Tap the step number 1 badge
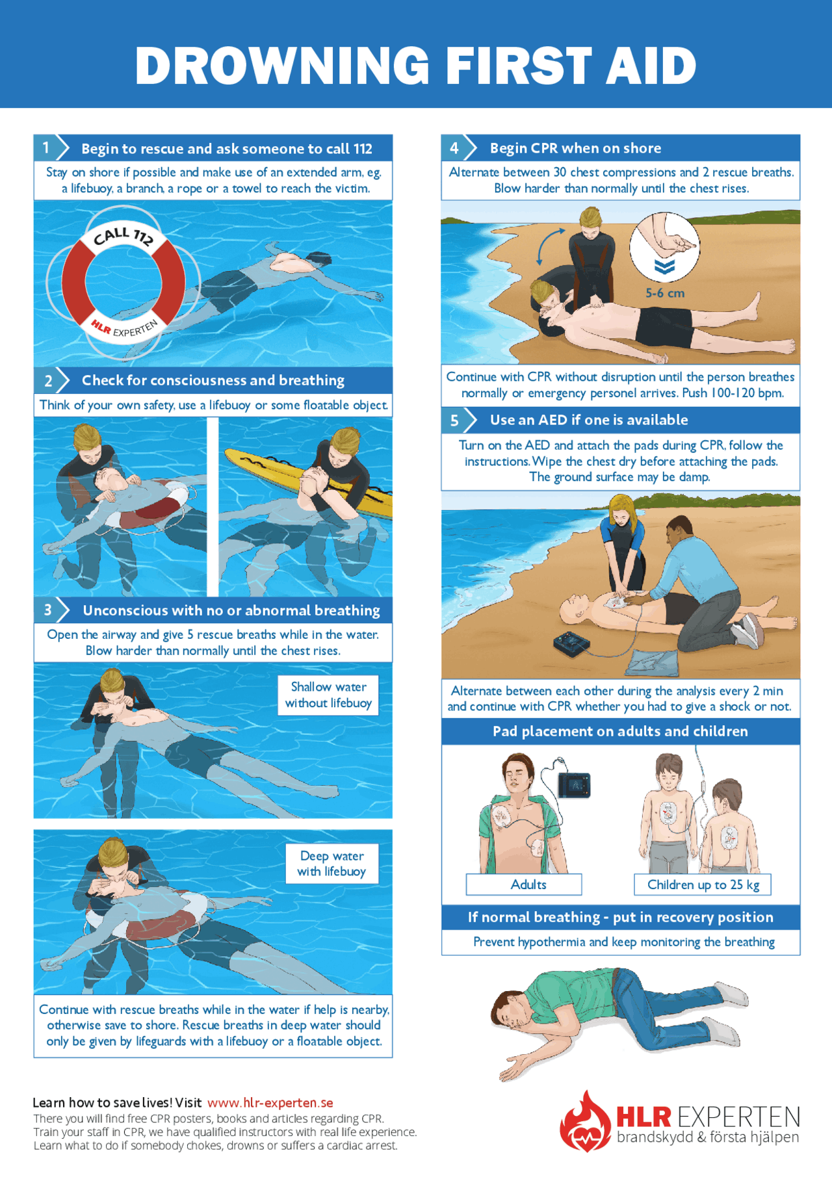tap(46, 148)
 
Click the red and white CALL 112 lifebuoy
tap(123, 281)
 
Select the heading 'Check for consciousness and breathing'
tap(213, 380)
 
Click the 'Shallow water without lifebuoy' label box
tap(328, 695)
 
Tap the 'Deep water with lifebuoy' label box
tap(331, 864)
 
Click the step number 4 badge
tap(454, 148)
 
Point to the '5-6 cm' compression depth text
tap(664, 293)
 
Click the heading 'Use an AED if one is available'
tap(588, 420)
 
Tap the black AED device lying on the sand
tap(572, 644)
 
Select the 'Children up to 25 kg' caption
tap(703, 885)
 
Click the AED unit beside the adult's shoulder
tap(574, 784)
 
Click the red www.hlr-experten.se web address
tap(270, 1103)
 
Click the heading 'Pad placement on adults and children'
tap(620, 731)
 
